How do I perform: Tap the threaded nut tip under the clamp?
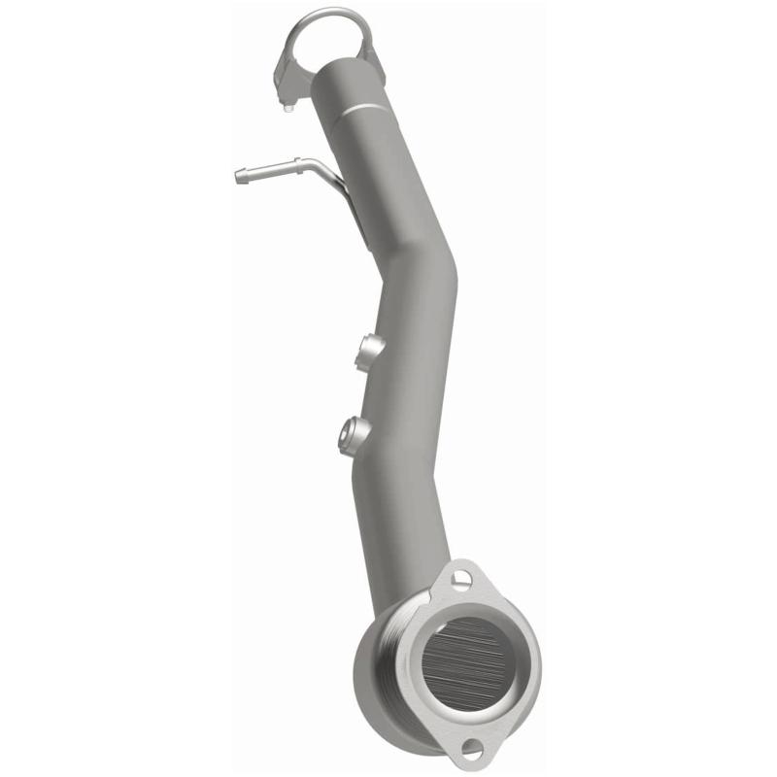(288, 106)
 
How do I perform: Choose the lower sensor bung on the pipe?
(352, 433)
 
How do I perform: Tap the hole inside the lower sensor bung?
(345, 439)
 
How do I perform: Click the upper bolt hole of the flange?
(460, 580)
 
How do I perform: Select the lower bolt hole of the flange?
(471, 748)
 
